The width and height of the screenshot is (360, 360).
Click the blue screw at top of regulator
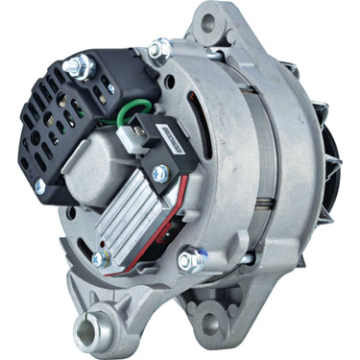click(x=160, y=173)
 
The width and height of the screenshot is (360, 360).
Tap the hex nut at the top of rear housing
click(x=159, y=47)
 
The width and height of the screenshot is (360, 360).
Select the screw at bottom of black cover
click(x=39, y=184)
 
